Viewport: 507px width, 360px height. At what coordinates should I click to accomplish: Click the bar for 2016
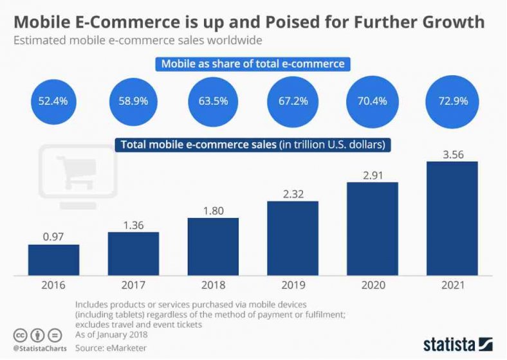click(53, 259)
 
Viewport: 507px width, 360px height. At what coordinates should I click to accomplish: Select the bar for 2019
click(293, 238)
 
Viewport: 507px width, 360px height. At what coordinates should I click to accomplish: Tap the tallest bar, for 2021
click(452, 218)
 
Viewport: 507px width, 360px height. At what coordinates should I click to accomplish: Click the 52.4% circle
click(53, 101)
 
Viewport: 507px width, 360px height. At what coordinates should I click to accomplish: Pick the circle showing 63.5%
click(213, 101)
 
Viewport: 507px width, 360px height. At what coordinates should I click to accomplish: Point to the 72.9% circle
click(452, 101)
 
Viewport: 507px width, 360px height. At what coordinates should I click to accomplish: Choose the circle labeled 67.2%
click(293, 101)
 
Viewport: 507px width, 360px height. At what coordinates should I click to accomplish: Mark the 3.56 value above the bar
click(452, 154)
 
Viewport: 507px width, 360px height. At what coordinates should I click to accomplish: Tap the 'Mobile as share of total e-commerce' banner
click(253, 64)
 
